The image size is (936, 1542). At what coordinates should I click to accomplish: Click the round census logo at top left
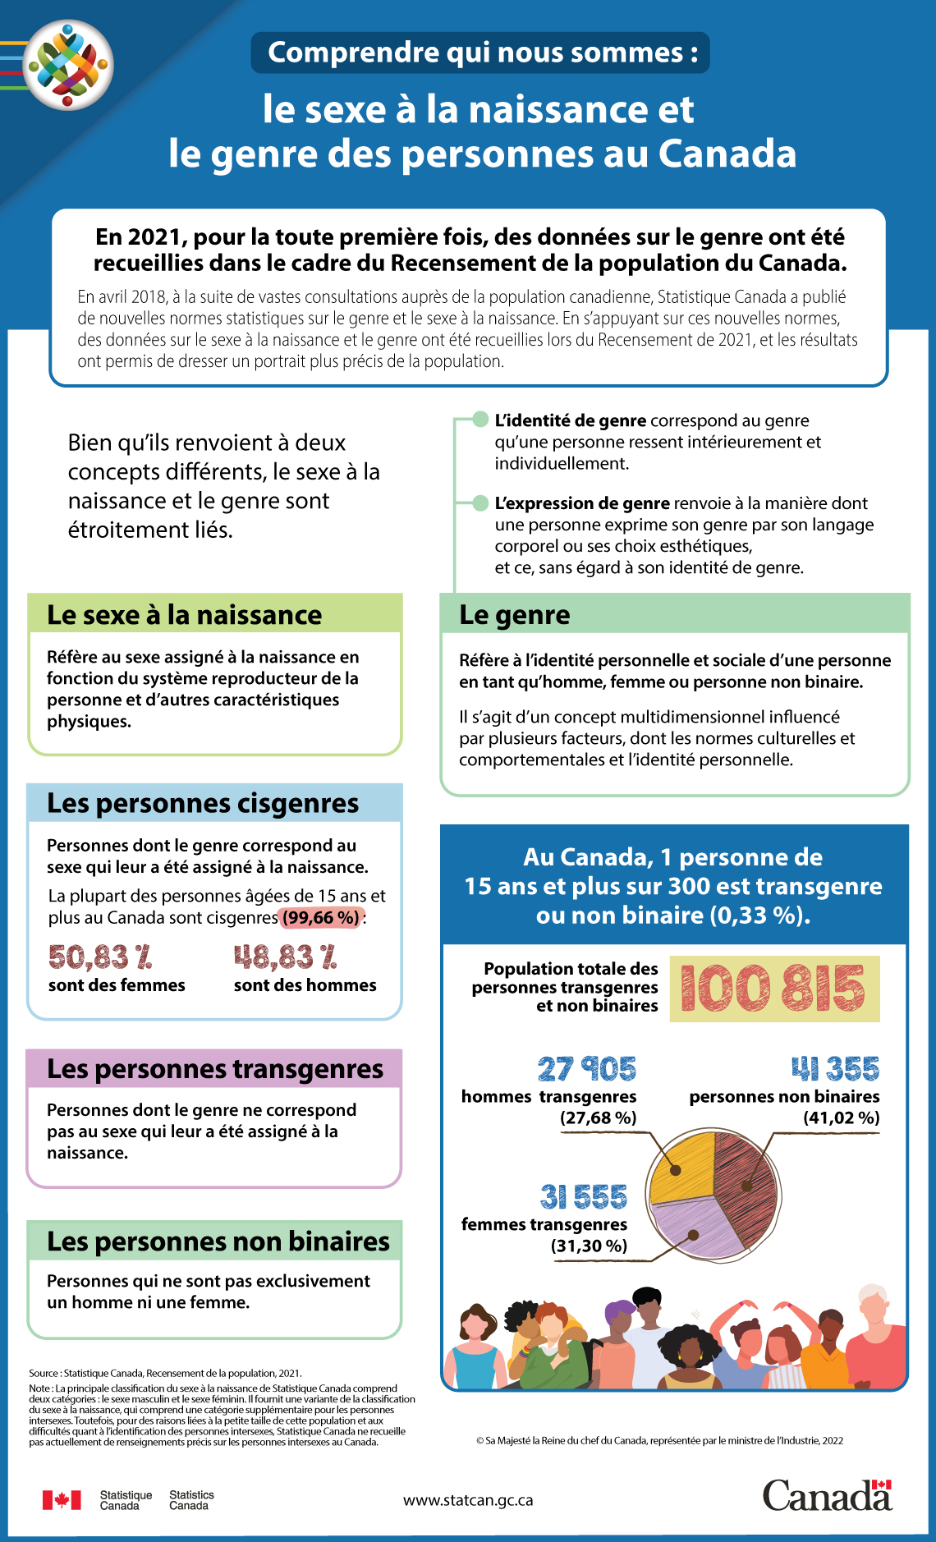point(68,65)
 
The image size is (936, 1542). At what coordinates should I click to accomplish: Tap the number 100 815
point(773,988)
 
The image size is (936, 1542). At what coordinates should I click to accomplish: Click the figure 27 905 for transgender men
point(586,1068)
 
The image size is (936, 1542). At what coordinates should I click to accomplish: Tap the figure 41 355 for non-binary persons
point(835,1068)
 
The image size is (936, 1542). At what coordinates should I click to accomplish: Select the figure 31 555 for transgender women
point(583,1196)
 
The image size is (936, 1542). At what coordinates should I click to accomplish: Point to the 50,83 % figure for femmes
point(100,957)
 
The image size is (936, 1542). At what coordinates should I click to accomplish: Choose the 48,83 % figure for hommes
point(286,957)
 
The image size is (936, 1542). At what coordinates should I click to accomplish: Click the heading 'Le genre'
point(515,615)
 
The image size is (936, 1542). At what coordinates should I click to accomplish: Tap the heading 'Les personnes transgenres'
point(215,1069)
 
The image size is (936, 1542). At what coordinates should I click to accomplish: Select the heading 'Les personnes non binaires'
point(218,1241)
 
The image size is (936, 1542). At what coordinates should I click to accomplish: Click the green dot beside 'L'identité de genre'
point(480,420)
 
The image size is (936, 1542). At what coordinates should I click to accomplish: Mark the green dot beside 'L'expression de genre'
point(480,503)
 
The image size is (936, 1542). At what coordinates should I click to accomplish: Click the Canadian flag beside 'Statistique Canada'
point(62,1500)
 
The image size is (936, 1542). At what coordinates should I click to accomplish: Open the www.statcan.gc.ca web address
point(468,1500)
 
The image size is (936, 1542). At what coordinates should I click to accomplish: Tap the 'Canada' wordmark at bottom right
point(827,1496)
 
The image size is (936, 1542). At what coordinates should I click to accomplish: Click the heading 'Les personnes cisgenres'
point(203,803)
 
